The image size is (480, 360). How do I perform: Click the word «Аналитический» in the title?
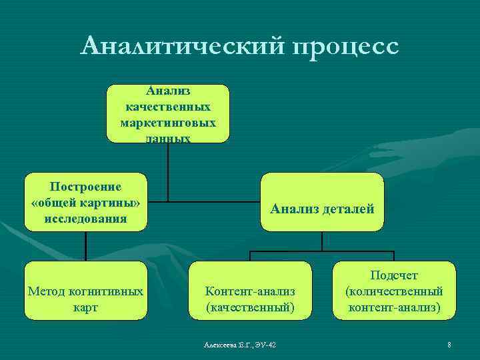click(181, 47)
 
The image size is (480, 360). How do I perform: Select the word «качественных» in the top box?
click(168, 107)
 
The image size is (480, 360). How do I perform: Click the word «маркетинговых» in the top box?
click(168, 123)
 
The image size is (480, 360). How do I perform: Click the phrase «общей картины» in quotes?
click(85, 202)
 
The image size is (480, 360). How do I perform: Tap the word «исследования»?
click(85, 218)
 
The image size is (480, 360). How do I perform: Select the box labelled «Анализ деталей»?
click(322, 202)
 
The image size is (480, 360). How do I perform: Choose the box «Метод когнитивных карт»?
click(85, 291)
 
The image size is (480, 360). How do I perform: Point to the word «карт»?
click(85, 307)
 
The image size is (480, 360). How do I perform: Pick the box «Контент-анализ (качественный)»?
click(250, 291)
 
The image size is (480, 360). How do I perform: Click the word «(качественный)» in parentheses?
click(250, 307)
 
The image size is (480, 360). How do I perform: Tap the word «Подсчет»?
click(394, 276)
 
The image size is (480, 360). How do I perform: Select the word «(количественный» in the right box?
click(394, 291)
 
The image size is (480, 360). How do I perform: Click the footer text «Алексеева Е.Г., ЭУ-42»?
click(241, 344)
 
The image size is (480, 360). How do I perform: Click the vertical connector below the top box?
click(168, 171)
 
